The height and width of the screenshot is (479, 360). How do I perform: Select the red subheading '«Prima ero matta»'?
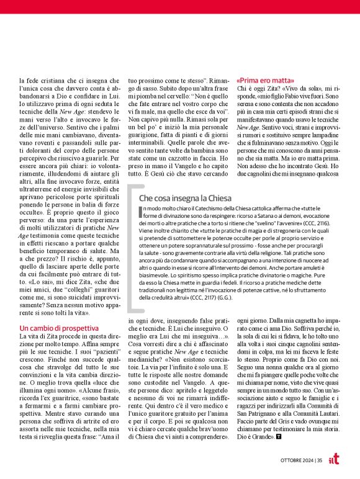(266, 81)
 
